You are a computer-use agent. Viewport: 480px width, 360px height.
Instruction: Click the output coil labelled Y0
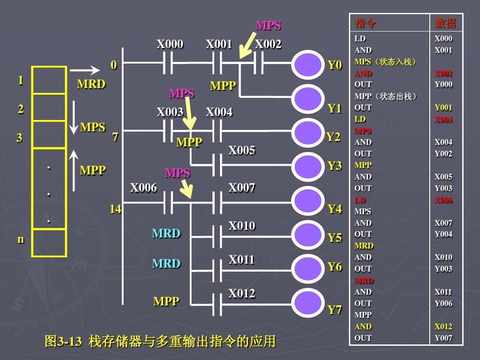[x=308, y=64]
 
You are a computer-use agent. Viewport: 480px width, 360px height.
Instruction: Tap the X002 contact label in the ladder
[x=268, y=44]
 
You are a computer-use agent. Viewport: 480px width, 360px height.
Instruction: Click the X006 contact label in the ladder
[x=143, y=188]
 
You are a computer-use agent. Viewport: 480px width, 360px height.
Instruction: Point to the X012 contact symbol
[x=217, y=304]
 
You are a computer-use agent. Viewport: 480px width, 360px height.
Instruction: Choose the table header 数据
[x=445, y=23]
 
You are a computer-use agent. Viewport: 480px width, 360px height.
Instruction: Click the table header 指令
[x=365, y=23]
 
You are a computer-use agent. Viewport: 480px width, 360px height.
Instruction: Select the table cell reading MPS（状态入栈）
[x=385, y=62]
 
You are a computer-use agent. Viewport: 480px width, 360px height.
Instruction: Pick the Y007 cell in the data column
[x=444, y=338]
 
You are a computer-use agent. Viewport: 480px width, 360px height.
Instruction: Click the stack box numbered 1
[x=49, y=80]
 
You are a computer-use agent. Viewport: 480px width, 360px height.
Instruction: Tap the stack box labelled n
[x=49, y=243]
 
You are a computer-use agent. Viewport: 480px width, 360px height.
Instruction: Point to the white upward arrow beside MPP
[x=73, y=170]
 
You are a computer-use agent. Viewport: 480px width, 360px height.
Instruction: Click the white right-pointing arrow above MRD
[x=85, y=70]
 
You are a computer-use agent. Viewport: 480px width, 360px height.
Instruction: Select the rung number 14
[x=116, y=209]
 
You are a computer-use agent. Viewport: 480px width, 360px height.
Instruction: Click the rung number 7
[x=115, y=137]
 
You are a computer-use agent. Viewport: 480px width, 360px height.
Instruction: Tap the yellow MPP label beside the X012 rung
[x=166, y=301]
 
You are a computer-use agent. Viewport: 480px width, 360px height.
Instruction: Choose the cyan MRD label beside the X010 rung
[x=166, y=233]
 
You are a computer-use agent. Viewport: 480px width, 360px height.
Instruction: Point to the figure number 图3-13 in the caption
[x=64, y=341]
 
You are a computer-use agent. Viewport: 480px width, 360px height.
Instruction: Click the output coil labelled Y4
[x=308, y=201]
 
